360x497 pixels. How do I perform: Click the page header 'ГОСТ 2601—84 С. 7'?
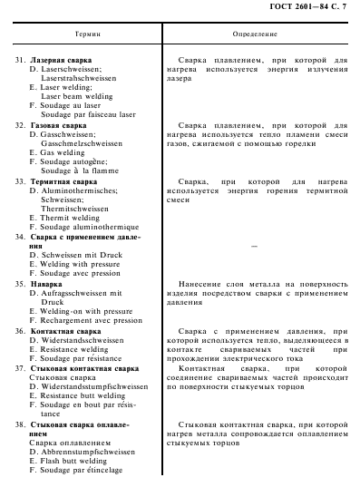pos(308,8)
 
